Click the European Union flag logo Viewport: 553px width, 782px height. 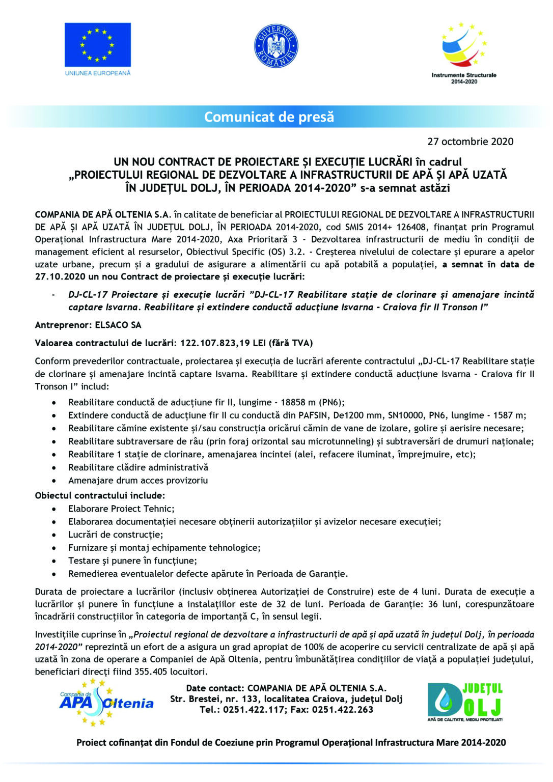point(97,45)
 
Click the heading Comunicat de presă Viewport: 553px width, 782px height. point(269,117)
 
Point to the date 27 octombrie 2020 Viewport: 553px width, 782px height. point(470,142)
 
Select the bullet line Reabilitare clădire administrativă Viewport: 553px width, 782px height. point(138,467)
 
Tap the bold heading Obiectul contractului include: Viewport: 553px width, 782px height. point(100,495)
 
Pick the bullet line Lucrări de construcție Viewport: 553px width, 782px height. point(116,535)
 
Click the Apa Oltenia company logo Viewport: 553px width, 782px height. point(105,702)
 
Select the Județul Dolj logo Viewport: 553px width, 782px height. point(464,702)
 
